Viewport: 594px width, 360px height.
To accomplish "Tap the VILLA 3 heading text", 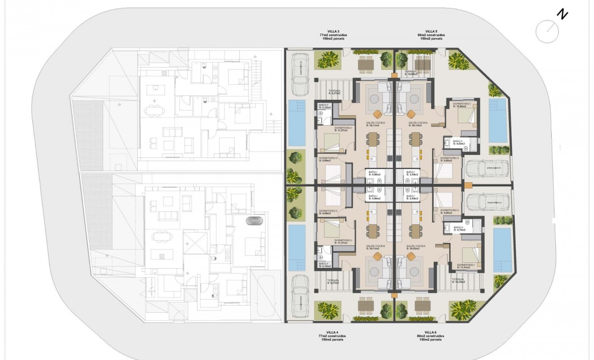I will [333, 31].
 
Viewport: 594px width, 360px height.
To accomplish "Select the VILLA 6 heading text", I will [431, 332].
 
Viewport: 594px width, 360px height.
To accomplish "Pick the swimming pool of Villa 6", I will [502, 249].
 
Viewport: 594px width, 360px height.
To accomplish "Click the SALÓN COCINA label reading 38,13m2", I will [417, 124].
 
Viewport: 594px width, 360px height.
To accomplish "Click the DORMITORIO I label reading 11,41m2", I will [465, 266].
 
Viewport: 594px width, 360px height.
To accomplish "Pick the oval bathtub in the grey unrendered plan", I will [255, 222].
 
